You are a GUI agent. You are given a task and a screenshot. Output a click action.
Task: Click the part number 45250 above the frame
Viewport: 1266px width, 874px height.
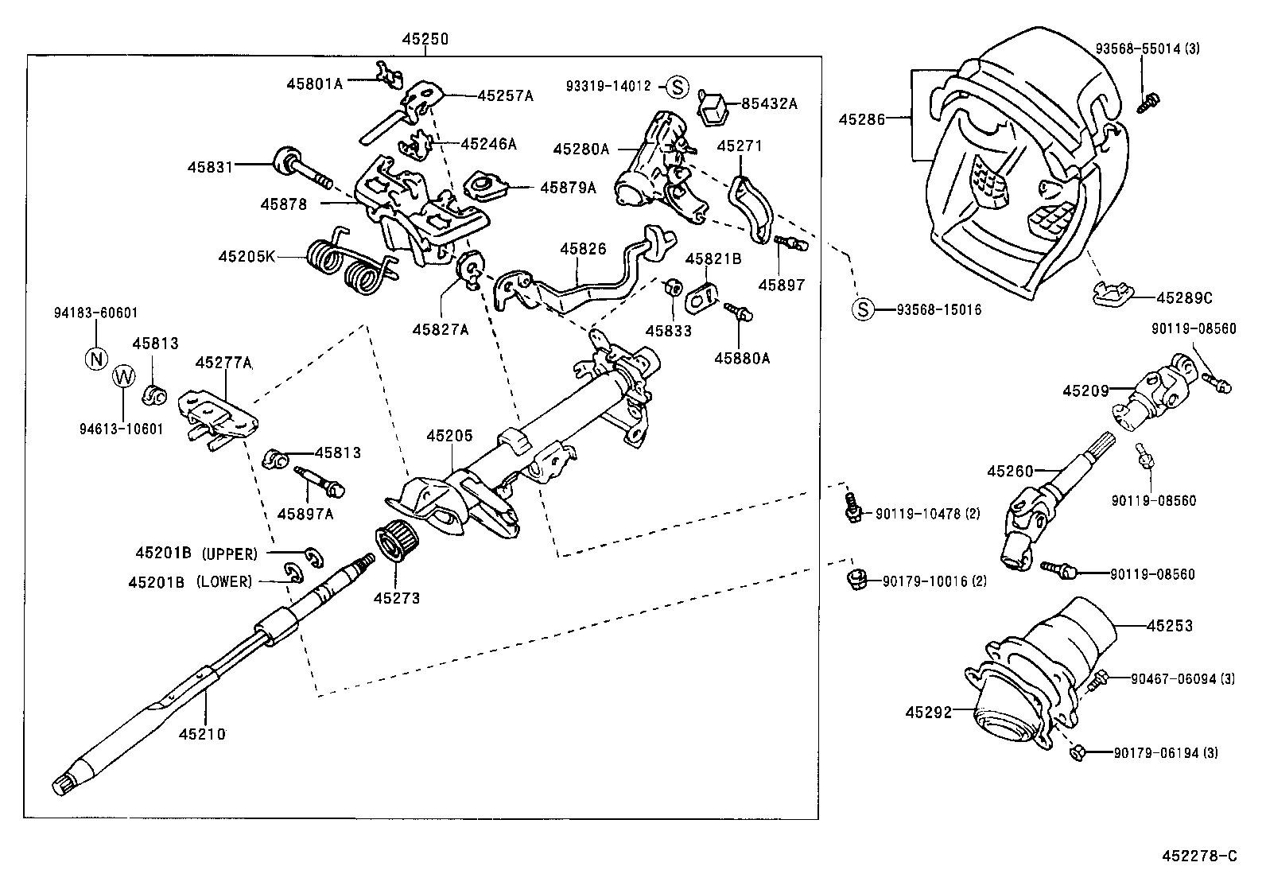[424, 37]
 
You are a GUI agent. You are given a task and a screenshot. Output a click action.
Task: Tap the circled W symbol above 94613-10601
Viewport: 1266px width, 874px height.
[124, 376]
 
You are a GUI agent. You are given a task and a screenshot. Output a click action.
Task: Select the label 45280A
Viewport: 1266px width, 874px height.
[581, 149]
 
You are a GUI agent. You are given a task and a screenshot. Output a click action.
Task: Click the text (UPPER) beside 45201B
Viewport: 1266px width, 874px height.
[230, 553]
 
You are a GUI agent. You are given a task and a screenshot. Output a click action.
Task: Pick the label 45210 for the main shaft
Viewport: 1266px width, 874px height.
[202, 734]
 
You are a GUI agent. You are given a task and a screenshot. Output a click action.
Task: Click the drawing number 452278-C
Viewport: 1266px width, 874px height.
[1200, 856]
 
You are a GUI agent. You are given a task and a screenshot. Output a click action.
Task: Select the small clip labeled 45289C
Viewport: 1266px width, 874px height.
[1111, 294]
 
